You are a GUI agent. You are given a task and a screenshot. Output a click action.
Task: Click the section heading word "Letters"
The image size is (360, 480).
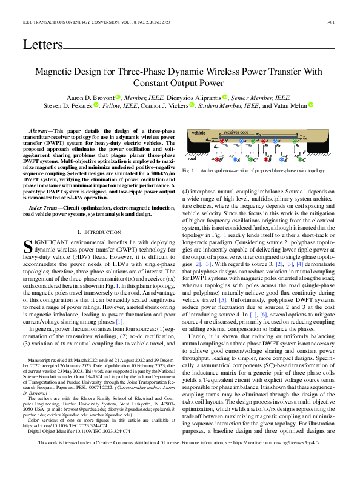coord(42,44)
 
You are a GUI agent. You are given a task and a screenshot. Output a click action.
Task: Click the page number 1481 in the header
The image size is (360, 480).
coord(330,23)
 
